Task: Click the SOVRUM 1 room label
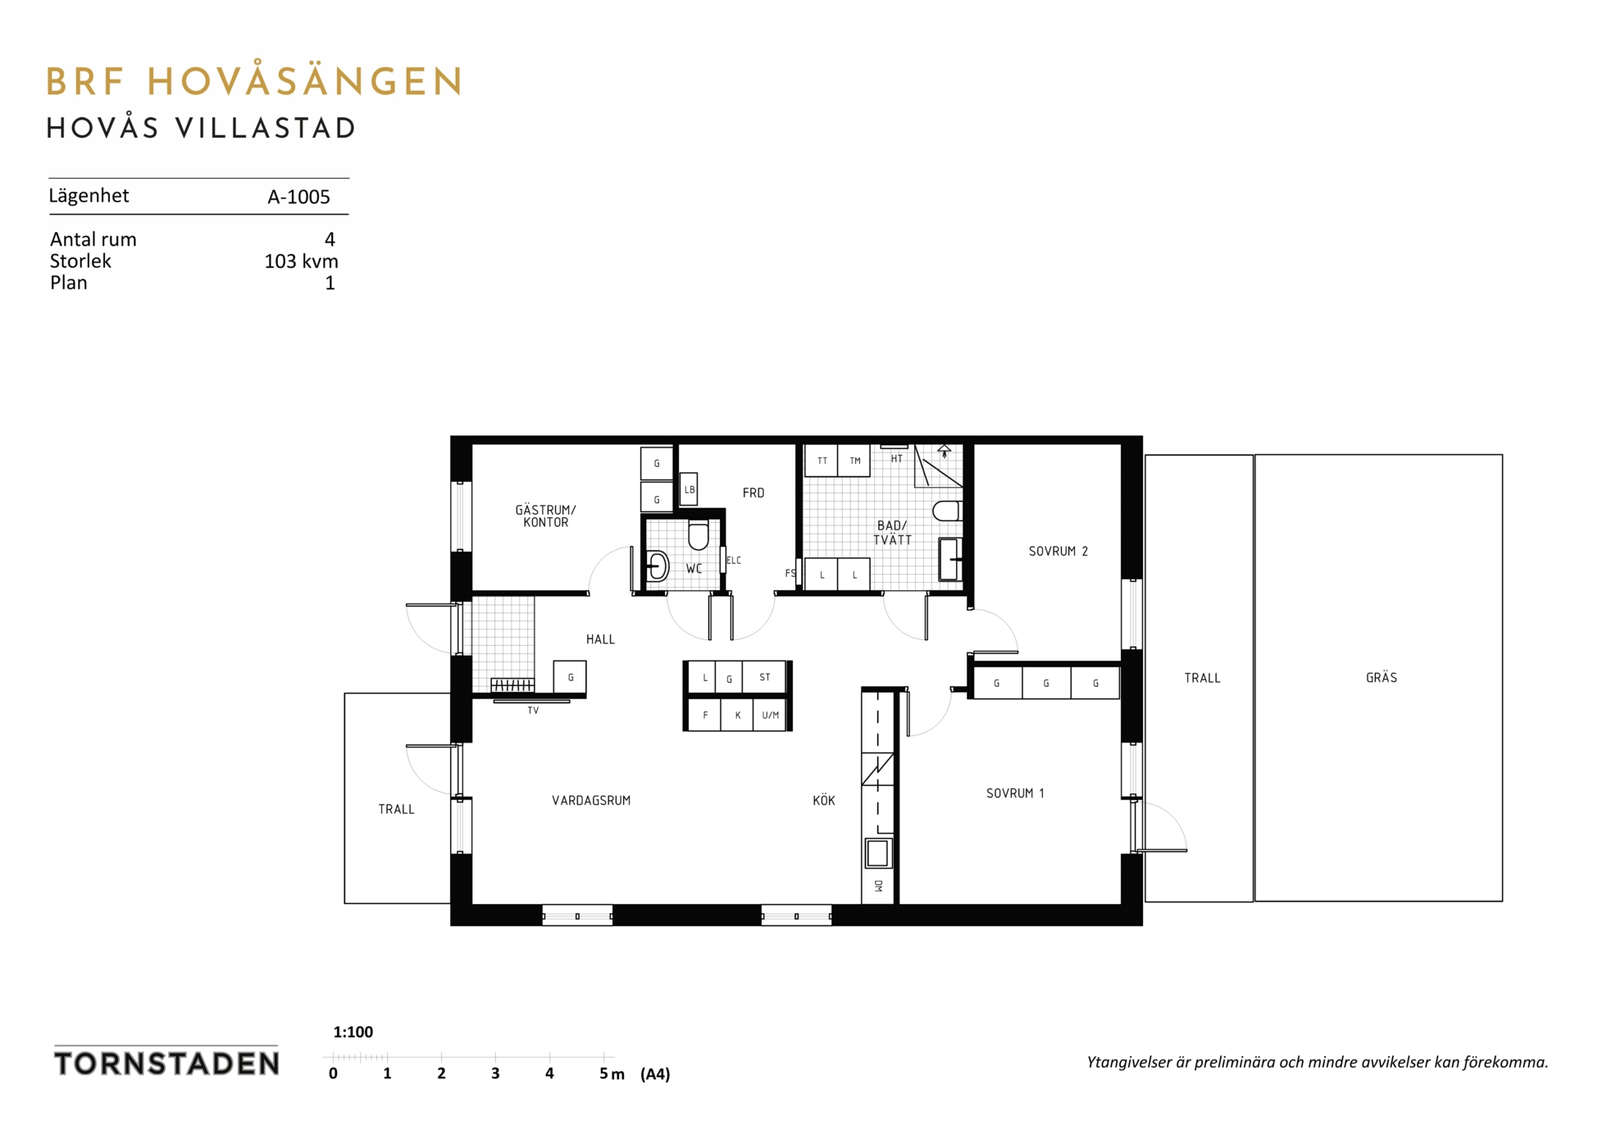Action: point(1015,793)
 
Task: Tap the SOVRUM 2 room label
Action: point(1058,552)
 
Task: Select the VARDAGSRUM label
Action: point(591,801)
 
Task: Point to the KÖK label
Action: point(824,800)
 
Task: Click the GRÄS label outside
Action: point(1382,678)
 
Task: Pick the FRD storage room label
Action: point(753,493)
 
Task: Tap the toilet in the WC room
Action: point(699,535)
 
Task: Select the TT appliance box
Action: point(822,461)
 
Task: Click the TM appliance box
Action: point(854,461)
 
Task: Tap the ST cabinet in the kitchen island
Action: point(764,678)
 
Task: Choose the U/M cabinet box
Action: point(770,715)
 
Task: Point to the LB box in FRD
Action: point(690,489)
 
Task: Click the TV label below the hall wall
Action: point(533,711)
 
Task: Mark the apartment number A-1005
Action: point(298,197)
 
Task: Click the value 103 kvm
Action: point(301,261)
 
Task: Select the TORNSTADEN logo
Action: point(166,1063)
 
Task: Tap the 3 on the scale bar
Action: point(495,1074)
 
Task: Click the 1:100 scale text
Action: point(353,1032)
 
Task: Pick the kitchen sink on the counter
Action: point(877,852)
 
